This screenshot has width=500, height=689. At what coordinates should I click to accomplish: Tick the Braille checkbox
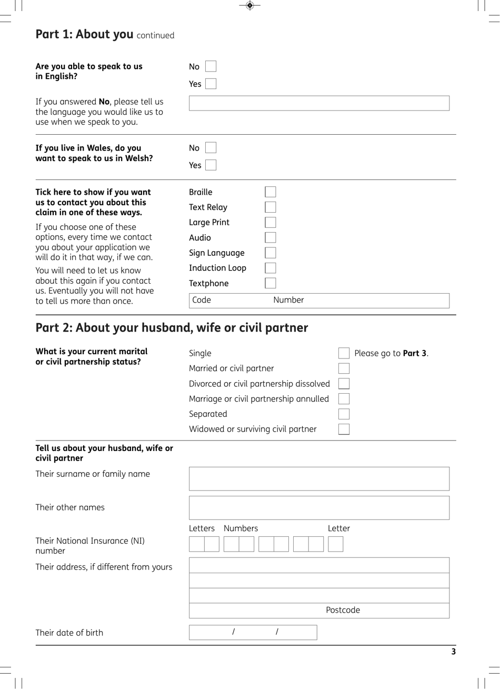[x=271, y=192]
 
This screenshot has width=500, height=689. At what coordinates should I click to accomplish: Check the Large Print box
[x=271, y=223]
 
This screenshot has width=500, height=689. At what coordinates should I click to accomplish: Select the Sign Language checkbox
[x=271, y=253]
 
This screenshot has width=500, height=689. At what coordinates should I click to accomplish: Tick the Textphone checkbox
[x=271, y=283]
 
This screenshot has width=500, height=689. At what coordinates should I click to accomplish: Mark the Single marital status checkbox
[x=344, y=353]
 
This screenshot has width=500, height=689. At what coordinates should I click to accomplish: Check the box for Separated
[x=344, y=414]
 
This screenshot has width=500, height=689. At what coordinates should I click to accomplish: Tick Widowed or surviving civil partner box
[x=344, y=430]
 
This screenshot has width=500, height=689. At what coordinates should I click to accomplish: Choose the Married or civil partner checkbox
[x=344, y=368]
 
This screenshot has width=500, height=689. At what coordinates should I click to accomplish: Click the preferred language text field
[x=319, y=103]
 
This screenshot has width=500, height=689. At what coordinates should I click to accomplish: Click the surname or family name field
[x=319, y=478]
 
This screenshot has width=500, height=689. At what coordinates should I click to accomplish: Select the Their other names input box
[x=319, y=508]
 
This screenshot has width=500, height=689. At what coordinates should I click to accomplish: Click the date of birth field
[x=253, y=632]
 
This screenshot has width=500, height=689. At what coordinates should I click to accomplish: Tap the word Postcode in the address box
[x=343, y=611]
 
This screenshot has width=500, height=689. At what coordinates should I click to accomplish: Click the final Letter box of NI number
[x=335, y=544]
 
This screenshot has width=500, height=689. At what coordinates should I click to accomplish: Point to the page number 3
[x=453, y=652]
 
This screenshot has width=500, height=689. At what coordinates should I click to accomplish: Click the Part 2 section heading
[x=172, y=328]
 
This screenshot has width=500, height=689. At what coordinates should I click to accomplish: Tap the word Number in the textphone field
[x=288, y=300]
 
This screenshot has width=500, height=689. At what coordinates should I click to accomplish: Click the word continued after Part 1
[x=155, y=36]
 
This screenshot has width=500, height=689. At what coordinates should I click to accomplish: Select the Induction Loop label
[x=217, y=268]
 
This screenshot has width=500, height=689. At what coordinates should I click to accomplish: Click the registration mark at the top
[x=250, y=5]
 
